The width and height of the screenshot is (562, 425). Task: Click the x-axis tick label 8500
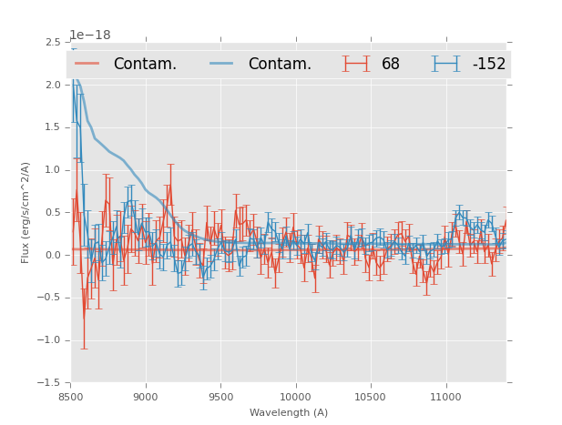[x=71, y=398]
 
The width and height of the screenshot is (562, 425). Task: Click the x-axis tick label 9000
[x=146, y=398]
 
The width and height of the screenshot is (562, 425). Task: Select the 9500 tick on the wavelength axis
[x=220, y=398]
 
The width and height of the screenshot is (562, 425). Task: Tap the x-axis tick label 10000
[x=295, y=398]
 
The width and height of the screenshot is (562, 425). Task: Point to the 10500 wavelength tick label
[x=371, y=398]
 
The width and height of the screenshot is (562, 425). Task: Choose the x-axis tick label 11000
[x=446, y=398]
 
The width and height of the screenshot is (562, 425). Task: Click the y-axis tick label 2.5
[x=52, y=43]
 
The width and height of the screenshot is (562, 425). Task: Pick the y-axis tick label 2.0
[x=52, y=85]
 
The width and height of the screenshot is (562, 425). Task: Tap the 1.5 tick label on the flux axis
[x=52, y=127]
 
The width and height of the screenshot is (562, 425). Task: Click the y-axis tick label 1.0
[x=52, y=170]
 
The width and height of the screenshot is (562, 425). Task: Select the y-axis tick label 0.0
[x=52, y=255]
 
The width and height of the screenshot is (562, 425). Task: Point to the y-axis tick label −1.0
[x=49, y=340]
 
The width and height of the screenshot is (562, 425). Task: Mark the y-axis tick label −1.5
[x=49, y=383]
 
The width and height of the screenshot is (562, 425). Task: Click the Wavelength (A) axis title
[x=289, y=413]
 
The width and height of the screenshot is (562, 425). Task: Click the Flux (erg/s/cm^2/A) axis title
[x=26, y=212]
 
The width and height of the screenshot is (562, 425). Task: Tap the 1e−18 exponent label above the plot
[x=90, y=35]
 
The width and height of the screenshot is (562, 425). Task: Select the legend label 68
[x=391, y=65]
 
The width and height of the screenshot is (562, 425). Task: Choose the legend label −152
[x=488, y=65]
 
